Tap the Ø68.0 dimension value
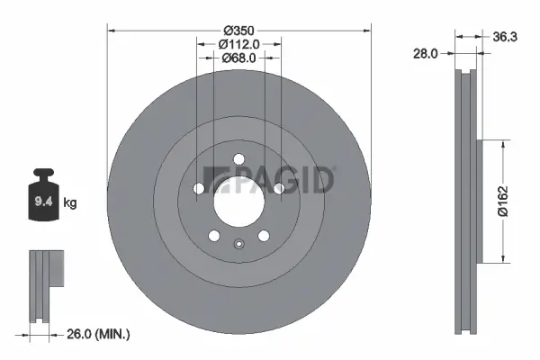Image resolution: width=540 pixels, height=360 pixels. [239, 57]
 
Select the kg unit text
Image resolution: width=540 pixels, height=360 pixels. [70, 203]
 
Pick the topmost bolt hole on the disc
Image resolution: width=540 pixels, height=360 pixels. [239, 160]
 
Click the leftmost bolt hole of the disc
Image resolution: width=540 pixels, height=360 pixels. [198, 189]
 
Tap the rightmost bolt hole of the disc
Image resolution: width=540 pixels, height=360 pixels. [280, 189]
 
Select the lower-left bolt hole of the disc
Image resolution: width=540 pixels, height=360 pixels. [214, 236]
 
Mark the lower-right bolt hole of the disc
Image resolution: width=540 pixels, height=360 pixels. [264, 236]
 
